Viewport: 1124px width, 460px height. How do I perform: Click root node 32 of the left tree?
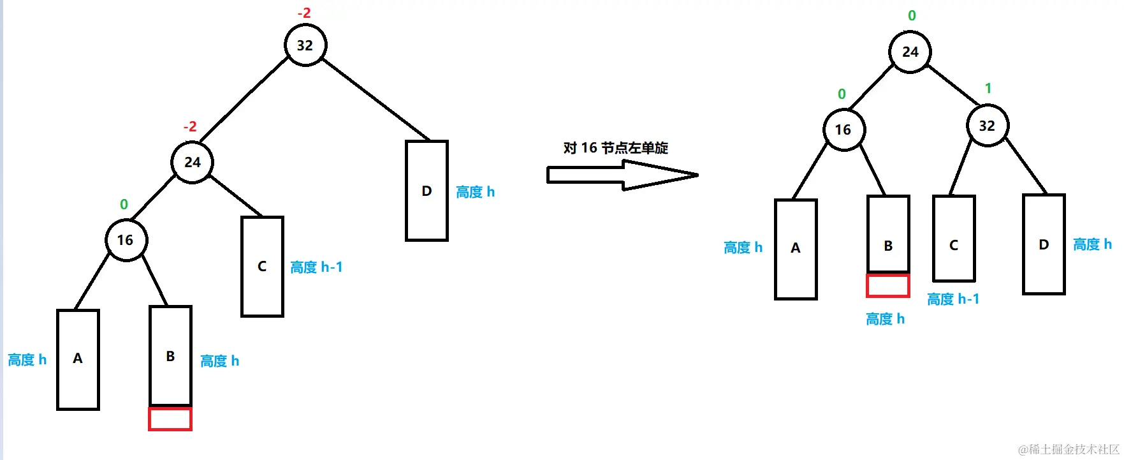305,45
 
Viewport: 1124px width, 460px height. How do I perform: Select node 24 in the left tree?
192,162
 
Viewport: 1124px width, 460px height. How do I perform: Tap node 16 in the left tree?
126,240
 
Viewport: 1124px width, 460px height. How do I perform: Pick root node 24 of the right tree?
910,52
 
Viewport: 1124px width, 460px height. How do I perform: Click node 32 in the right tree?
987,126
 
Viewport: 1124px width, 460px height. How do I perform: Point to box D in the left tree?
427,191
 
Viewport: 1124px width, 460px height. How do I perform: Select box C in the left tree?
262,266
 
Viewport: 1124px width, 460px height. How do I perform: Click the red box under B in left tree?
170,419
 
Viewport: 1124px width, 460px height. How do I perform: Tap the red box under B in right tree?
887,285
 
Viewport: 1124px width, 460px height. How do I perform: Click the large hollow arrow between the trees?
622,175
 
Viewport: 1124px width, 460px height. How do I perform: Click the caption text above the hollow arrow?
615,148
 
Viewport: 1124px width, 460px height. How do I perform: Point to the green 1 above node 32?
988,88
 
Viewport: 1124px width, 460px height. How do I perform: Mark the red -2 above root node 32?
304,13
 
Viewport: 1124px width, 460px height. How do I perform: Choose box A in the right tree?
796,249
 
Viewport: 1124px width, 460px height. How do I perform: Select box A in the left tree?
78,359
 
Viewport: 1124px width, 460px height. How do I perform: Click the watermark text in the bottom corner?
1069,449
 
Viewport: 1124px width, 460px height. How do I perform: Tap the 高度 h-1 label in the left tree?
316,267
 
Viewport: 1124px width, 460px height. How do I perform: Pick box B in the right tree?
888,234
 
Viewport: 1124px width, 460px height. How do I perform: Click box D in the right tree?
1044,244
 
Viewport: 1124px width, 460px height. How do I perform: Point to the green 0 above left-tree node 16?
124,205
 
